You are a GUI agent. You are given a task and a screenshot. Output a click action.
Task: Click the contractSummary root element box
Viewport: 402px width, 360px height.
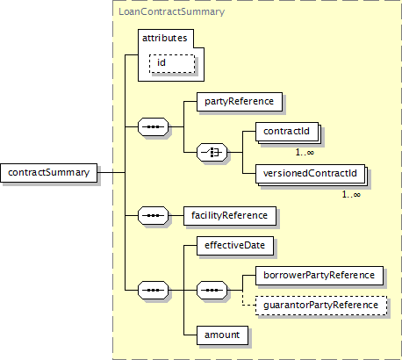click(x=49, y=173)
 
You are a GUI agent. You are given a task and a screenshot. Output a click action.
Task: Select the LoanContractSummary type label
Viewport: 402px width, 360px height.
click(x=172, y=11)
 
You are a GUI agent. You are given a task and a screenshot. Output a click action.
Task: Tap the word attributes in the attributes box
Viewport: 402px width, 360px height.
click(x=165, y=38)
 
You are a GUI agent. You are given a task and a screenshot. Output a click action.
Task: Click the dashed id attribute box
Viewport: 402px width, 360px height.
click(x=172, y=63)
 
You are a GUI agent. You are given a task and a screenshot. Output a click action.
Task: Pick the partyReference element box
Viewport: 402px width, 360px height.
click(x=240, y=102)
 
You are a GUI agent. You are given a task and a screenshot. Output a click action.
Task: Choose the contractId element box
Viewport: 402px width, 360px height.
click(x=287, y=132)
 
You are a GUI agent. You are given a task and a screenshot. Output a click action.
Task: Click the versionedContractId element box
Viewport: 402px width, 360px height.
click(x=310, y=174)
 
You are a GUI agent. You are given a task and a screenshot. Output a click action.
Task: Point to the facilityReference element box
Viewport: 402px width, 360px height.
click(x=230, y=216)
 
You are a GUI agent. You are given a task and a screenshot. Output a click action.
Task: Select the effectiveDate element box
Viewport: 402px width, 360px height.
click(x=235, y=246)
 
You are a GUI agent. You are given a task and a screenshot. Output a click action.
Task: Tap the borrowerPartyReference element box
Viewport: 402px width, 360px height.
click(x=319, y=276)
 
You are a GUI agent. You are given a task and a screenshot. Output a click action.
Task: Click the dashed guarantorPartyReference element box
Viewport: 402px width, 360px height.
click(x=321, y=306)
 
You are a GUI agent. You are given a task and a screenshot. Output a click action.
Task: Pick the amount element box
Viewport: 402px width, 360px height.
click(x=222, y=335)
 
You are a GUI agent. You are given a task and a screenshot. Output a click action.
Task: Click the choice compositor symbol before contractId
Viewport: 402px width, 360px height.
click(x=212, y=152)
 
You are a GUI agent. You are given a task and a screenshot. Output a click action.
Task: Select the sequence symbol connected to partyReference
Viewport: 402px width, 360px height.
click(x=153, y=126)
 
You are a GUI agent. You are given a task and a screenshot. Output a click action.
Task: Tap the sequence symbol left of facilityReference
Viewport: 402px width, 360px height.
click(x=153, y=216)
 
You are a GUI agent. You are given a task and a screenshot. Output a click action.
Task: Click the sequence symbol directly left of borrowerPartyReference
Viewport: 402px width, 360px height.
click(x=212, y=291)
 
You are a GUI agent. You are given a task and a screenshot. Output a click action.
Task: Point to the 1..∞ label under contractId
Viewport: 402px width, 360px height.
click(x=305, y=152)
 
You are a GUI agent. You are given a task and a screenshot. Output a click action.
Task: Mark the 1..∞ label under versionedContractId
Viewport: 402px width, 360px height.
click(x=351, y=194)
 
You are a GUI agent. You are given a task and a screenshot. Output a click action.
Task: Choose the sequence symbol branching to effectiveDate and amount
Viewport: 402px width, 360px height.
click(x=153, y=291)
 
